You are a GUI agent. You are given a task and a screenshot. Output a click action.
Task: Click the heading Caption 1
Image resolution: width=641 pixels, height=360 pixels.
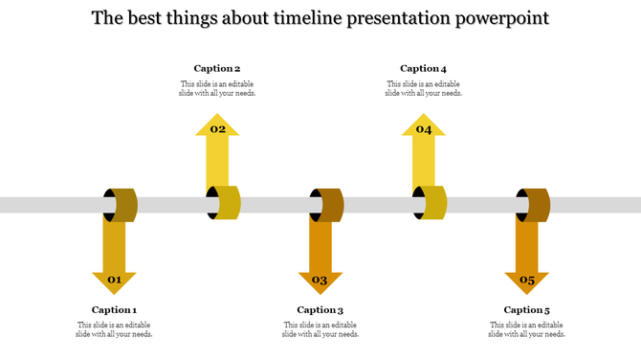(114, 309)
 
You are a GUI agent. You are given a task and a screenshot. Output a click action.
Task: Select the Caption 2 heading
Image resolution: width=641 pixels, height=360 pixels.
(217, 68)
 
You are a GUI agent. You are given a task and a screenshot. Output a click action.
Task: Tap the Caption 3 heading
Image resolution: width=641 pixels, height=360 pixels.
(320, 309)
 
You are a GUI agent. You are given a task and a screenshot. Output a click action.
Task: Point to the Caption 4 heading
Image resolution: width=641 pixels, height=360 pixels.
(423, 68)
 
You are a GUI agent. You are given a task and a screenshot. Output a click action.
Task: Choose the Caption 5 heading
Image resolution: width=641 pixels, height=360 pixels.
(526, 309)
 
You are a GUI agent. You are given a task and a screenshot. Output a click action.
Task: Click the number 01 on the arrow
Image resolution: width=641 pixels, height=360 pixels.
(114, 280)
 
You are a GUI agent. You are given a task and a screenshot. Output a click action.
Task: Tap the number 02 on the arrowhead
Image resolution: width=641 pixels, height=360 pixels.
(218, 129)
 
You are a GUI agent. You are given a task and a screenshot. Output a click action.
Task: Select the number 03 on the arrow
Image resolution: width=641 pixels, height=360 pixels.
(320, 280)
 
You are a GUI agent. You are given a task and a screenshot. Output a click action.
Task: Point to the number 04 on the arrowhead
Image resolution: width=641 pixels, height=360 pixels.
(424, 129)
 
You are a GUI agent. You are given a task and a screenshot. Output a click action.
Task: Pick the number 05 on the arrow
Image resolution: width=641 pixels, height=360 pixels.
(527, 280)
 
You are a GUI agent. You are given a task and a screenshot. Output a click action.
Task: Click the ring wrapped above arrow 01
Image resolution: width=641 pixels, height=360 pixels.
(122, 204)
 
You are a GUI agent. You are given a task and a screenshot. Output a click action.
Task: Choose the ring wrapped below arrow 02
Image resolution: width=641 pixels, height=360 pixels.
(225, 203)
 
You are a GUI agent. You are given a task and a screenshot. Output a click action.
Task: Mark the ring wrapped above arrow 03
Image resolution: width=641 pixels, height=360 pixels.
(327, 205)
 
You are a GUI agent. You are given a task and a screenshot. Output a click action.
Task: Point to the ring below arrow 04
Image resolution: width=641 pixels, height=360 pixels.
(431, 203)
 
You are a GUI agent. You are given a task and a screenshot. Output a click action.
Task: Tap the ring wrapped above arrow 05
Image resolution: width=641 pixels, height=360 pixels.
(534, 205)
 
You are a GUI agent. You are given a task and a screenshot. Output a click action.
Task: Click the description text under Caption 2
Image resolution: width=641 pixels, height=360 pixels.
(217, 88)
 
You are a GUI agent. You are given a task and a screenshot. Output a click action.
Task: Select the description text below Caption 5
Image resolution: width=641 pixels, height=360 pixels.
(526, 329)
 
